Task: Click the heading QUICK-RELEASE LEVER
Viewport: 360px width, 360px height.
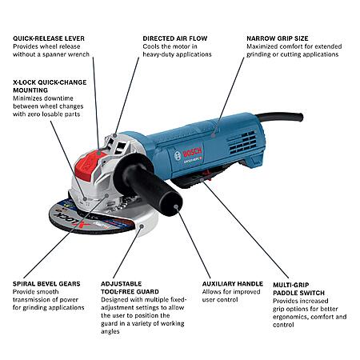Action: pyautogui.click(x=49, y=38)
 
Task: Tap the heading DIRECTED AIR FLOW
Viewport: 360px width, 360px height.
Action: pyautogui.click(x=175, y=38)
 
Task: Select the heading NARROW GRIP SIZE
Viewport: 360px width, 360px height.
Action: pyautogui.click(x=278, y=38)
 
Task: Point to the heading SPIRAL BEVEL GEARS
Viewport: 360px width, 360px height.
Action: pyautogui.click(x=46, y=284)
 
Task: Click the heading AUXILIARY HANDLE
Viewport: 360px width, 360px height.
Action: pyautogui.click(x=233, y=284)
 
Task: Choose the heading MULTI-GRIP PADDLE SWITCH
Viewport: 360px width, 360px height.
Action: pyautogui.click(x=298, y=289)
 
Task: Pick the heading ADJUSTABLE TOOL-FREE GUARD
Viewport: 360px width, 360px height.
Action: pyautogui.click(x=130, y=288)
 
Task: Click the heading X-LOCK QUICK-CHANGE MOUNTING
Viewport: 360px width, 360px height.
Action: pyautogui.click(x=50, y=86)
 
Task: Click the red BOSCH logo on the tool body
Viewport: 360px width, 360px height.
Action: pyautogui.click(x=192, y=153)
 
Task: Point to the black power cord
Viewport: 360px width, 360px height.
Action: pyautogui.click(x=280, y=118)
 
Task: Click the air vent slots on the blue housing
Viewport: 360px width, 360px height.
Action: pyautogui.click(x=242, y=142)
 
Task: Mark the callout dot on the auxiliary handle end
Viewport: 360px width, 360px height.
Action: pyautogui.click(x=176, y=206)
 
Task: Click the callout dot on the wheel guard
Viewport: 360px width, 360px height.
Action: pyautogui.click(x=142, y=226)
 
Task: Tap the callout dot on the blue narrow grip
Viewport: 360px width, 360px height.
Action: pyautogui.click(x=213, y=135)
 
